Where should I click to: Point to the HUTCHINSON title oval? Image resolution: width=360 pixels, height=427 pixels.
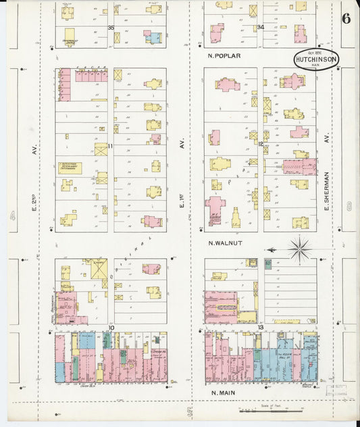(x=315, y=59)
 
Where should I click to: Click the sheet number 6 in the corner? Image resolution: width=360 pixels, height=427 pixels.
(x=346, y=18)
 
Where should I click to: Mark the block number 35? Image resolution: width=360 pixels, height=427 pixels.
(x=111, y=28)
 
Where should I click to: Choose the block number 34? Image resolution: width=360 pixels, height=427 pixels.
(x=260, y=28)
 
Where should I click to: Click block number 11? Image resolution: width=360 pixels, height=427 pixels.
(x=109, y=145)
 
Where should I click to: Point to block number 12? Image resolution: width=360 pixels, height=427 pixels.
(x=260, y=144)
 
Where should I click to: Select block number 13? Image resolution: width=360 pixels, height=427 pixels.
(x=259, y=328)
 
